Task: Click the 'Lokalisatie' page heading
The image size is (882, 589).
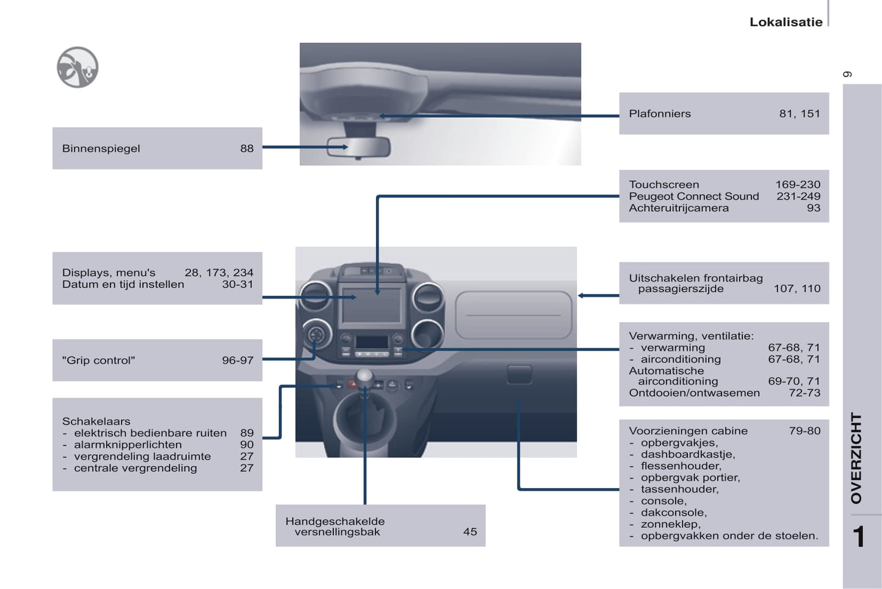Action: [786, 22]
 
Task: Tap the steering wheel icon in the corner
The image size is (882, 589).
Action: [78, 67]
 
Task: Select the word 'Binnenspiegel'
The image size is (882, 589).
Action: [101, 148]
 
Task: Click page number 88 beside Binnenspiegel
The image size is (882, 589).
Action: [247, 148]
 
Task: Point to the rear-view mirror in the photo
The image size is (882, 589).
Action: [358, 147]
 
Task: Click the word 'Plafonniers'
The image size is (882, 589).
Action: [660, 114]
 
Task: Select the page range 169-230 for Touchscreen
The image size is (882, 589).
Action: [798, 185]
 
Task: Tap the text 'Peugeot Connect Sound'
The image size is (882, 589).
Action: [694, 196]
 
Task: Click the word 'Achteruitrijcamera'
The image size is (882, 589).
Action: [679, 208]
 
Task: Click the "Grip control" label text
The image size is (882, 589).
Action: [98, 360]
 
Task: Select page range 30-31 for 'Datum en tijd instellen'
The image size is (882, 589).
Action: [237, 284]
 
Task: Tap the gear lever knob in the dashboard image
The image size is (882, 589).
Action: [364, 376]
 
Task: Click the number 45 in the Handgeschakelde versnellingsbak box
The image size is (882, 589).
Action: [470, 532]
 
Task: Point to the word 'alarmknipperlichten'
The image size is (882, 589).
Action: [128, 445]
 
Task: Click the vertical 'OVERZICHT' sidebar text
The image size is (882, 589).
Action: [856, 458]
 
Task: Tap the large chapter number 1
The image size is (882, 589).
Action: [858, 537]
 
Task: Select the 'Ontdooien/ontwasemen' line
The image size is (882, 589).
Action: [694, 393]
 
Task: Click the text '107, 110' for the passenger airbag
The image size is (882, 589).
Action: [797, 289]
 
